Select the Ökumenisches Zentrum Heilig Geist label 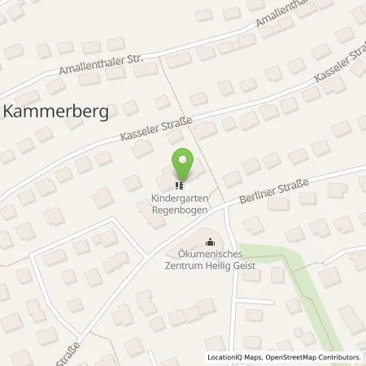(x=211, y=262)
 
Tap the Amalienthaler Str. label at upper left (x=98, y=69)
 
